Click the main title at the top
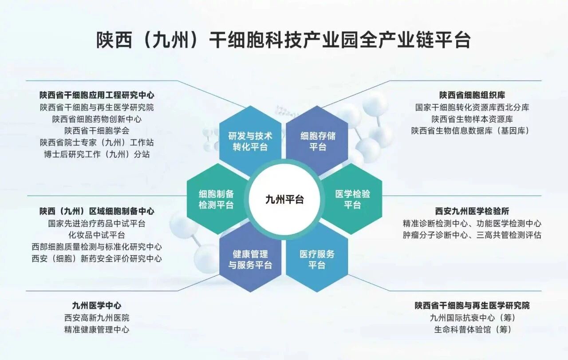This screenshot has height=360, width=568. [x=284, y=40]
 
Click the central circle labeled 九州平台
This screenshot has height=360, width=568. [x=284, y=199]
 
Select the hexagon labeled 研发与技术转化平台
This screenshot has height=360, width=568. [x=250, y=141]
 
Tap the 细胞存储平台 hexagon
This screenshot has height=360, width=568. [x=317, y=141]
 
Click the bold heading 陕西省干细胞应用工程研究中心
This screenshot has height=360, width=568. [x=97, y=95]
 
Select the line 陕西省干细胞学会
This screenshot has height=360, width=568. [x=97, y=131]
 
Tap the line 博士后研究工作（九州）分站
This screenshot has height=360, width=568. [x=97, y=154]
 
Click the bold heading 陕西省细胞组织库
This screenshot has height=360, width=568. [x=472, y=95]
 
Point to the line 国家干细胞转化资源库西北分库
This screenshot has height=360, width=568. [x=472, y=107]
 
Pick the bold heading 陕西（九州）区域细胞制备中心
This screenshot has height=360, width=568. [x=97, y=211]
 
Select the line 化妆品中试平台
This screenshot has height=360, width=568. [x=97, y=235]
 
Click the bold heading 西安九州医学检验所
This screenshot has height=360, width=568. [x=472, y=211]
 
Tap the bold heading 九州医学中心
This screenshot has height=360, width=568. [x=97, y=305]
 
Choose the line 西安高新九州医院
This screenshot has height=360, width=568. [x=97, y=318]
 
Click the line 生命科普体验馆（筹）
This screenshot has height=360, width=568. [x=472, y=329]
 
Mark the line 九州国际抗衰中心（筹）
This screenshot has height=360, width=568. [x=472, y=318]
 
